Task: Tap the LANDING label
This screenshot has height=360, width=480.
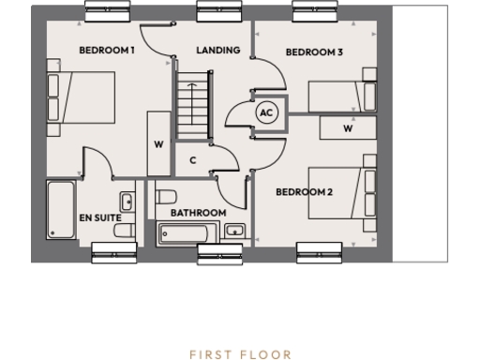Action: [x=217, y=51]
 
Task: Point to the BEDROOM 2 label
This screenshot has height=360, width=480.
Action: [x=304, y=192]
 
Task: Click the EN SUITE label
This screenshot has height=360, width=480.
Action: [x=99, y=218]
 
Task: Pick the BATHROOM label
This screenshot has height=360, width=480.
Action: [x=198, y=213]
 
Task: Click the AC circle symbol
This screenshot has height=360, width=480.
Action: [x=265, y=112]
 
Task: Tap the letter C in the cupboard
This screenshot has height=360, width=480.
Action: [x=192, y=160]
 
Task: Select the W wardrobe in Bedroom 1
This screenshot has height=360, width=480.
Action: [x=158, y=144]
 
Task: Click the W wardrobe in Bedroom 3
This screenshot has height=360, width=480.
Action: [x=348, y=128]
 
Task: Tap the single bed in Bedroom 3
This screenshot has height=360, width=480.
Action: [x=342, y=97]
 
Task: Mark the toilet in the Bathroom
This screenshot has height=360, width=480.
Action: [x=167, y=199]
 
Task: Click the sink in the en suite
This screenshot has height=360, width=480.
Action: [x=126, y=202]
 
